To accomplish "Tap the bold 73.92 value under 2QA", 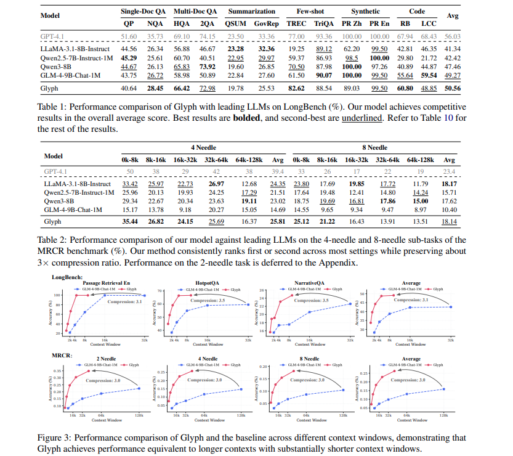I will pyautogui.click(x=207, y=66).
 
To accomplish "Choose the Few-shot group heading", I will pyautogui.click(x=310, y=11).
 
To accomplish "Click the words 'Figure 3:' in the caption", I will pyautogui.click(x=56, y=438).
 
